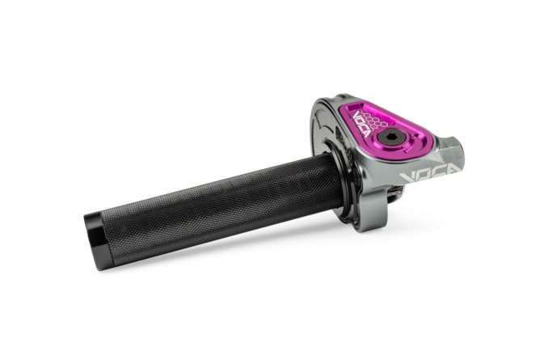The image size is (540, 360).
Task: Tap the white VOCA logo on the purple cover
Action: point(360,122)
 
